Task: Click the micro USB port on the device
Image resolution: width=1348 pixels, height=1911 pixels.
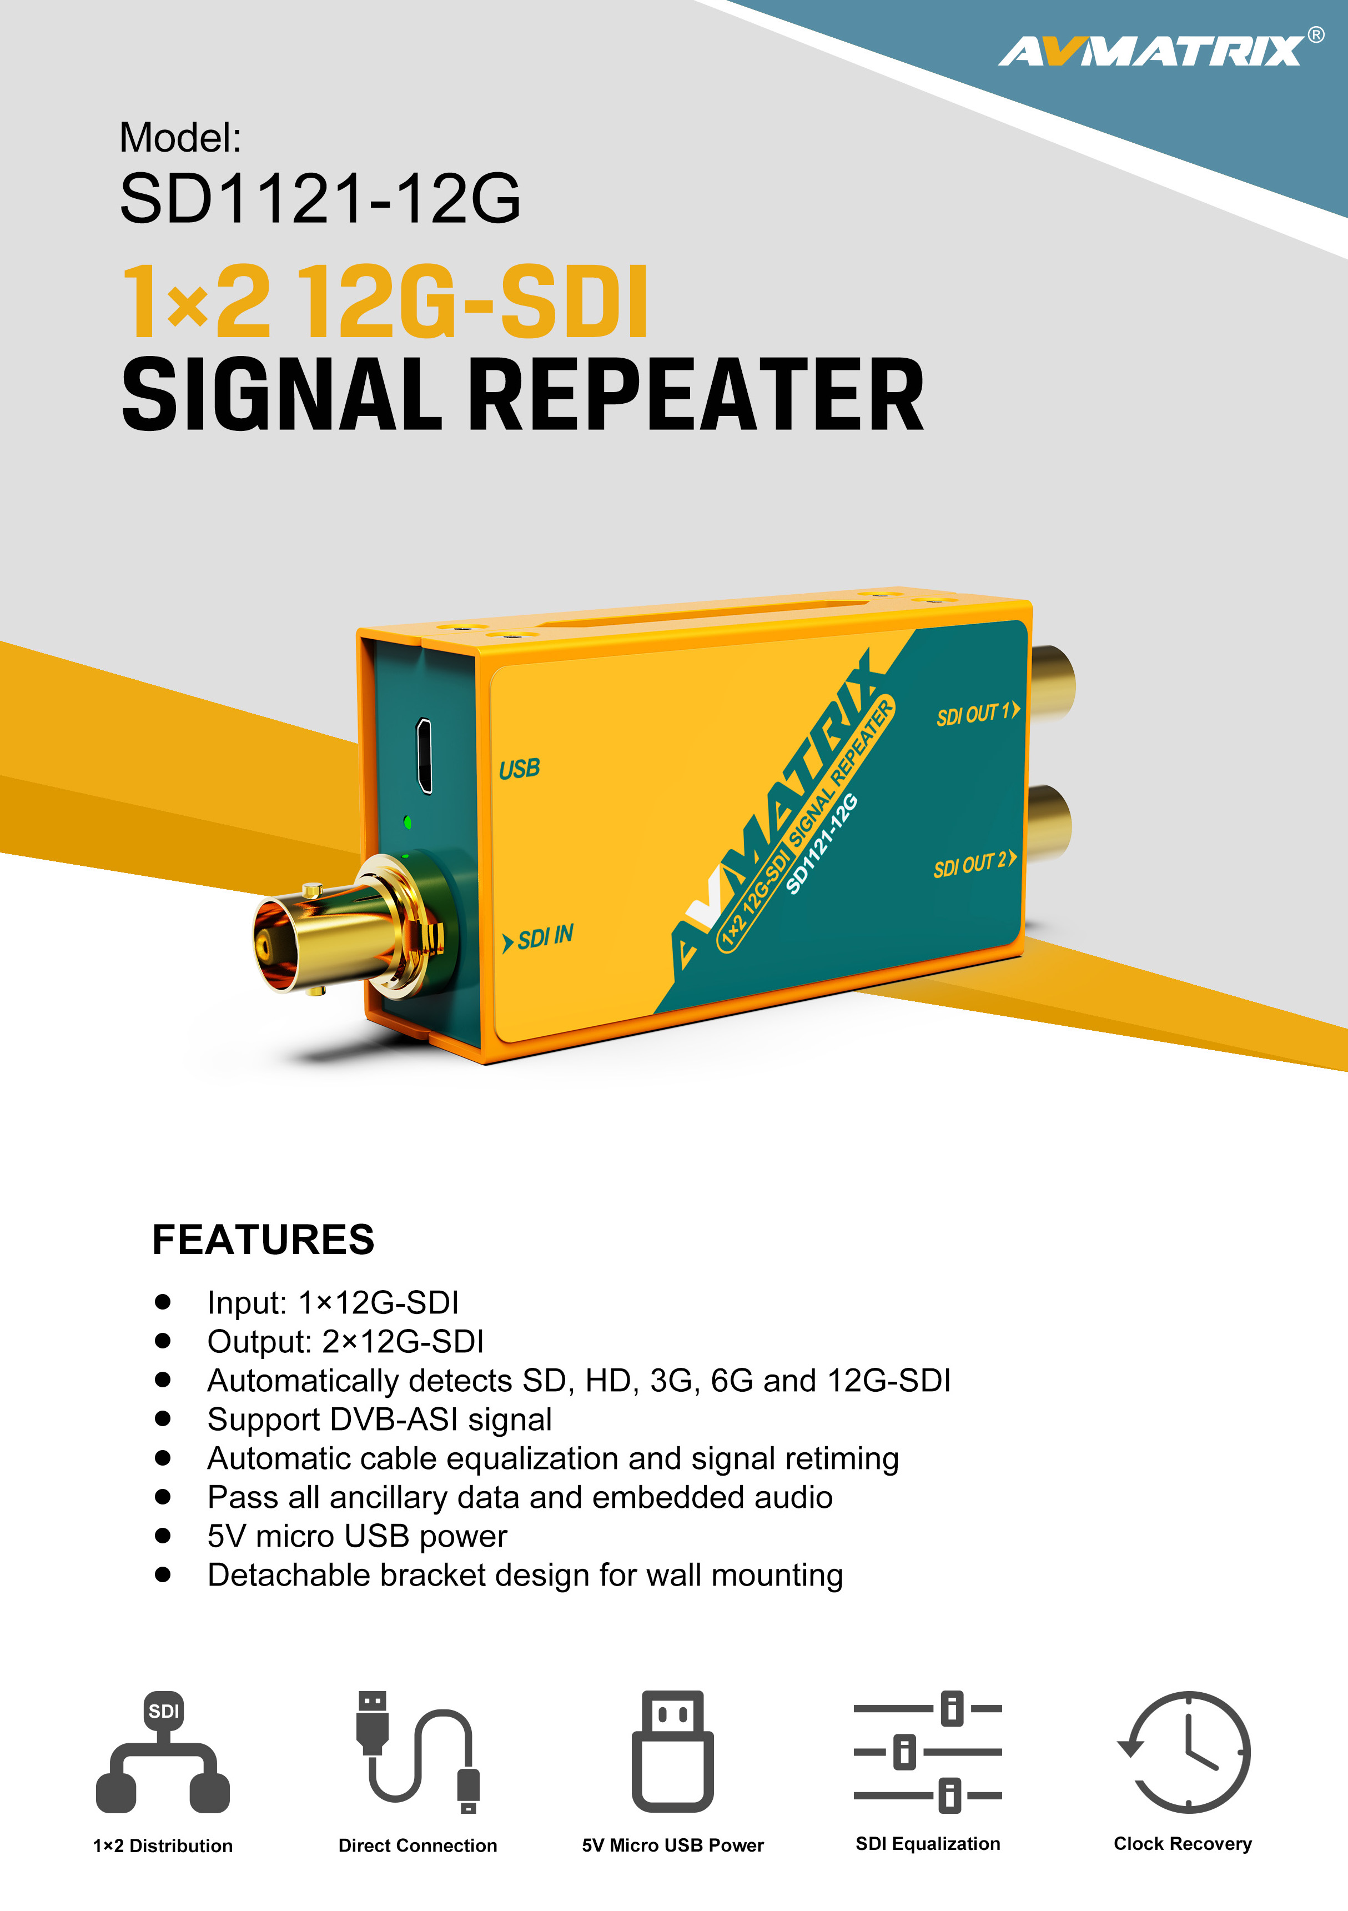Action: pyautogui.click(x=424, y=755)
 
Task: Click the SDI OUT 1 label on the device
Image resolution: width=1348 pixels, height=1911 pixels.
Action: pyautogui.click(x=978, y=713)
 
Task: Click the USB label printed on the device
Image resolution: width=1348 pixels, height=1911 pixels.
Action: pyautogui.click(x=519, y=768)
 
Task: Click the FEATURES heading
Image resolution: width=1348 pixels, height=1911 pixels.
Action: pyautogui.click(x=263, y=1240)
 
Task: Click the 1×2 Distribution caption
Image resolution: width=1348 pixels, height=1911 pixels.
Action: pyautogui.click(x=163, y=1845)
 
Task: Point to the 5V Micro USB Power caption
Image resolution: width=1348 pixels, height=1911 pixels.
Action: pyautogui.click(x=672, y=1845)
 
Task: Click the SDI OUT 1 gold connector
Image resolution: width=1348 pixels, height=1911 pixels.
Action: pyautogui.click(x=1053, y=684)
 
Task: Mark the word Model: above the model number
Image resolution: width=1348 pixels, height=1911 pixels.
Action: pyautogui.click(x=180, y=137)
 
